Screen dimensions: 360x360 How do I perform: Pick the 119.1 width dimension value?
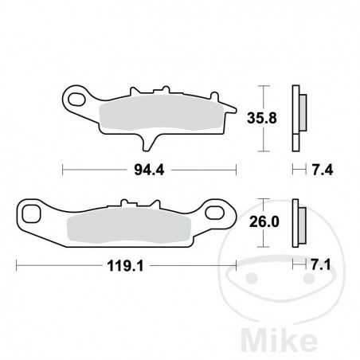point(126,268)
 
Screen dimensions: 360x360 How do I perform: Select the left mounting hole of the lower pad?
point(33,213)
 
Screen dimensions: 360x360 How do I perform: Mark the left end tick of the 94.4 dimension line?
point(63,169)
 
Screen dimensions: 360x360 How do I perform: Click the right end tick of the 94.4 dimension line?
point(237,169)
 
